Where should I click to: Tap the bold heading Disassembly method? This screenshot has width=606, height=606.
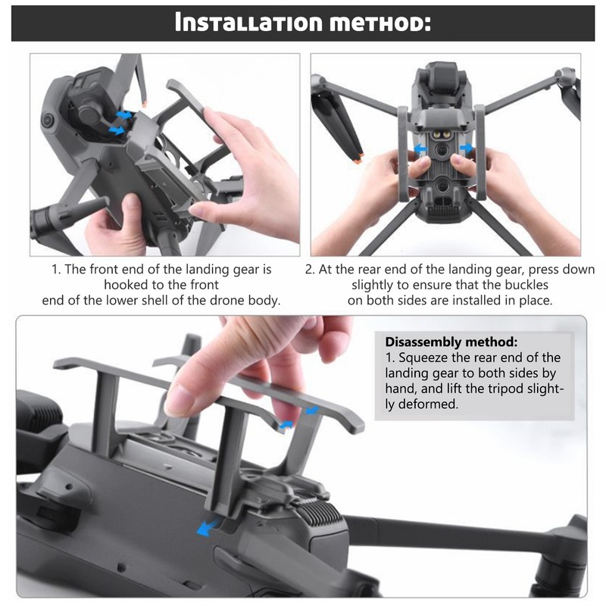(451, 342)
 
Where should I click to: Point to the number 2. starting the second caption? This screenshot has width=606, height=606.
(310, 270)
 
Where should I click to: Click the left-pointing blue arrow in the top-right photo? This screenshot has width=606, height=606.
(418, 150)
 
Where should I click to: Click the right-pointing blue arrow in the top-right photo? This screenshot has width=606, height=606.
(468, 148)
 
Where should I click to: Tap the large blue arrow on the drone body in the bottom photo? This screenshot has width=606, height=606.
(205, 528)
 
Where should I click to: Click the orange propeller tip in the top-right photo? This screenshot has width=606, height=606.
(361, 159)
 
